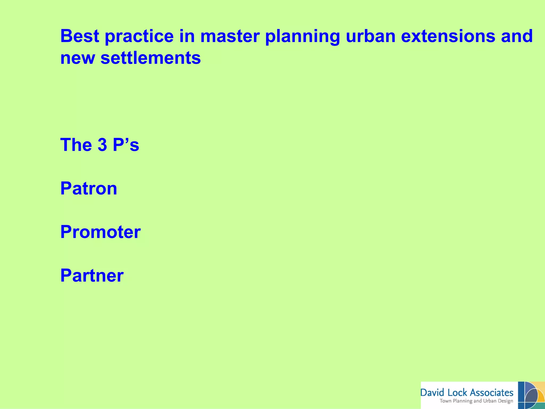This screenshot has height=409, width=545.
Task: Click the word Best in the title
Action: point(80,36)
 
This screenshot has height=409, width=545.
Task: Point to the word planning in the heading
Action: point(303,37)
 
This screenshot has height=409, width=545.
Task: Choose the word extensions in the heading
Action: point(448,36)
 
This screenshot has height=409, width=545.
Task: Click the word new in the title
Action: point(77,58)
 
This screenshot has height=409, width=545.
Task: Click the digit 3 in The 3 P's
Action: point(102,145)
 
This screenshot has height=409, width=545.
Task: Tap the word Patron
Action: point(89,188)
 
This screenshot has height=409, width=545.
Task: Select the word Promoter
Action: point(100,232)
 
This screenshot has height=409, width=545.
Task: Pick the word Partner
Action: point(92,275)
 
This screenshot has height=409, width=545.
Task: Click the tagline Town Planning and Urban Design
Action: point(476,401)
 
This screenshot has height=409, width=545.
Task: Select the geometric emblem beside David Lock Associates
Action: point(531,395)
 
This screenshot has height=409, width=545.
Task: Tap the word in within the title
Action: point(187,36)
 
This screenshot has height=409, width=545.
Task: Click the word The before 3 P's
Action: point(76,145)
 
